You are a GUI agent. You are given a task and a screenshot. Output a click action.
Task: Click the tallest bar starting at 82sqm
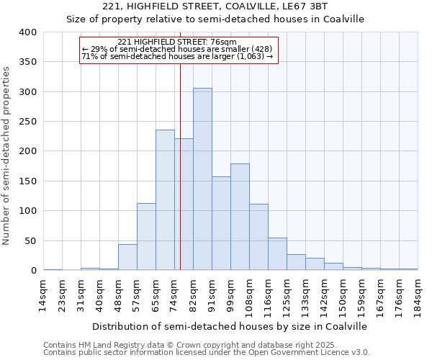[202, 179]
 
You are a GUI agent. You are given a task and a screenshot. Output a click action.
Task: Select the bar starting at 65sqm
[165, 200]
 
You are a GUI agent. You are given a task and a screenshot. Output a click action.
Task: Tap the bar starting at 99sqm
[240, 217]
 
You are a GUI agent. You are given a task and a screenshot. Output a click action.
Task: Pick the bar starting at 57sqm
[146, 237]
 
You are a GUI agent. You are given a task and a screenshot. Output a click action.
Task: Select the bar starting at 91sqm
[221, 223]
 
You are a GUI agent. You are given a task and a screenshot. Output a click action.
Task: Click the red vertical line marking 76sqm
[180, 166]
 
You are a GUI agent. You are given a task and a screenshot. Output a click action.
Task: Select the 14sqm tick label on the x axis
[44, 294]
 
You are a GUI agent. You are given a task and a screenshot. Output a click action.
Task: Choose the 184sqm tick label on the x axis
[418, 294]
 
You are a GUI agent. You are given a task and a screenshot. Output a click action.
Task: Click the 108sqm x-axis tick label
[250, 294]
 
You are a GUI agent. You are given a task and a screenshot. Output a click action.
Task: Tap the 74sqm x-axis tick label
[175, 294]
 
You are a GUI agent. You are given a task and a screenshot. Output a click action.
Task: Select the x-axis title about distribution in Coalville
[230, 326]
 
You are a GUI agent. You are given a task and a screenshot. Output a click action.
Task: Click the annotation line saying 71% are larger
[177, 56]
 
